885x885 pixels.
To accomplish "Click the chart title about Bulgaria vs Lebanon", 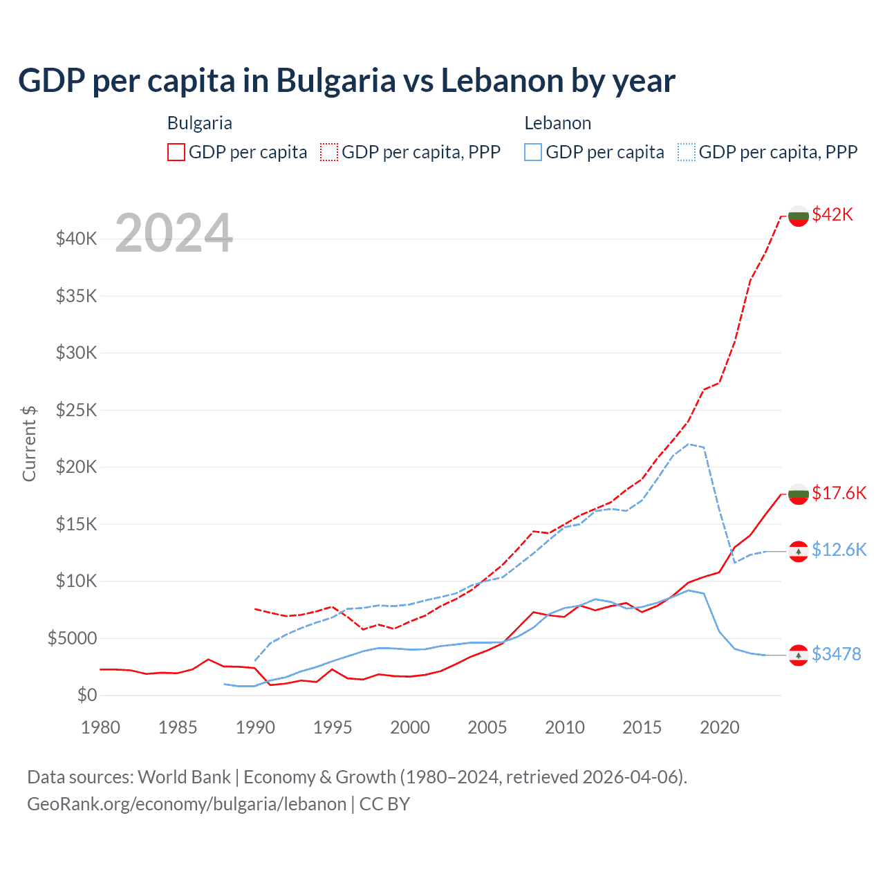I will click(x=346, y=81).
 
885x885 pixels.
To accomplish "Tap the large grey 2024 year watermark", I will click(x=174, y=233).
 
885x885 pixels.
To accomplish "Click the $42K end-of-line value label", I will click(x=832, y=214).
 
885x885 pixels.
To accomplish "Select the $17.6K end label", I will click(x=839, y=493).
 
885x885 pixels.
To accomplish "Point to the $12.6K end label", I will click(x=839, y=550).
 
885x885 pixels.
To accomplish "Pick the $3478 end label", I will click(x=836, y=654).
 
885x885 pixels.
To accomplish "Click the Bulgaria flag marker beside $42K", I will click(x=799, y=216).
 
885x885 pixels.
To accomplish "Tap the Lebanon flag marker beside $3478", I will click(x=799, y=655).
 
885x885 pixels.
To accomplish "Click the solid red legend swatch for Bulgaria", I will click(x=176, y=152).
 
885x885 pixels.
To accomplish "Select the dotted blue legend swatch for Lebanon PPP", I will click(x=687, y=152).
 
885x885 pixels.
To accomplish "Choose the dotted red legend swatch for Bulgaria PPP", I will click(x=329, y=152).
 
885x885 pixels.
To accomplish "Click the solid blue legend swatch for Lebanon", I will click(x=532, y=152).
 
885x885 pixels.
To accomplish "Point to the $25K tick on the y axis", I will click(x=77, y=410).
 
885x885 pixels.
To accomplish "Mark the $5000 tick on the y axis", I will click(x=73, y=638).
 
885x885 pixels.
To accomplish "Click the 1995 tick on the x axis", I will click(x=333, y=727).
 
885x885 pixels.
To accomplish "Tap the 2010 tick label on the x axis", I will click(x=565, y=727).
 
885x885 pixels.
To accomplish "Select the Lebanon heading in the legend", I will click(x=557, y=123).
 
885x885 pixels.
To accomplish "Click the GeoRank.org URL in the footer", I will click(x=187, y=804).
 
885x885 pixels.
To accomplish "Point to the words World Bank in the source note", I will click(x=184, y=777).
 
